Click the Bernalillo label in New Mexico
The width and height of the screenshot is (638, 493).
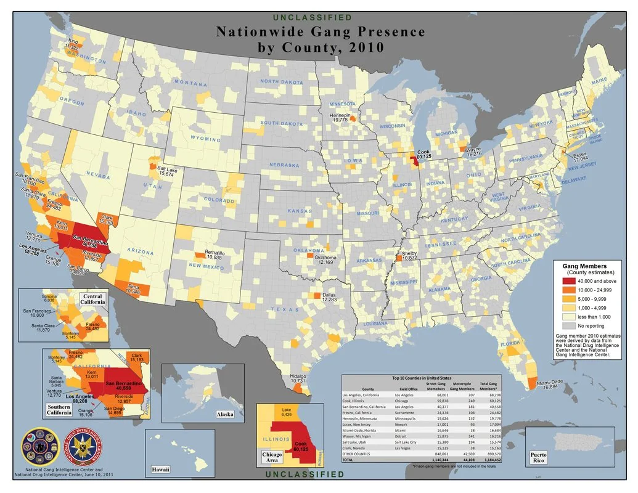click(x=215, y=254)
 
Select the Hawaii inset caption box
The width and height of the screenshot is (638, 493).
click(x=160, y=470)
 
